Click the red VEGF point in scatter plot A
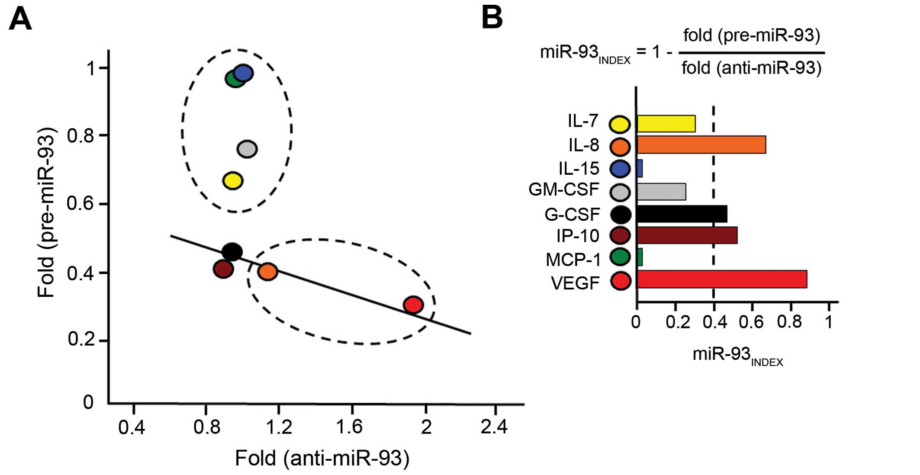click(413, 305)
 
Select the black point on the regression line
click(232, 251)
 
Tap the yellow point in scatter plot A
click(233, 180)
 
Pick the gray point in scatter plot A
click(247, 149)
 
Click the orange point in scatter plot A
click(267, 271)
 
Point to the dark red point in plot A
click(223, 269)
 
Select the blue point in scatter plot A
click(244, 73)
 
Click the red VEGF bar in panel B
click(721, 279)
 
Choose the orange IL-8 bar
click(701, 144)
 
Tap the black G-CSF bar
click(682, 214)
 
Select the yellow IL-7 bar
click(666, 124)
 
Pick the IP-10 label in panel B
click(577, 236)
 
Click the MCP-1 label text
click(573, 260)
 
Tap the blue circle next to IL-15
click(620, 169)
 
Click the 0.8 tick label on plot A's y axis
click(80, 136)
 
